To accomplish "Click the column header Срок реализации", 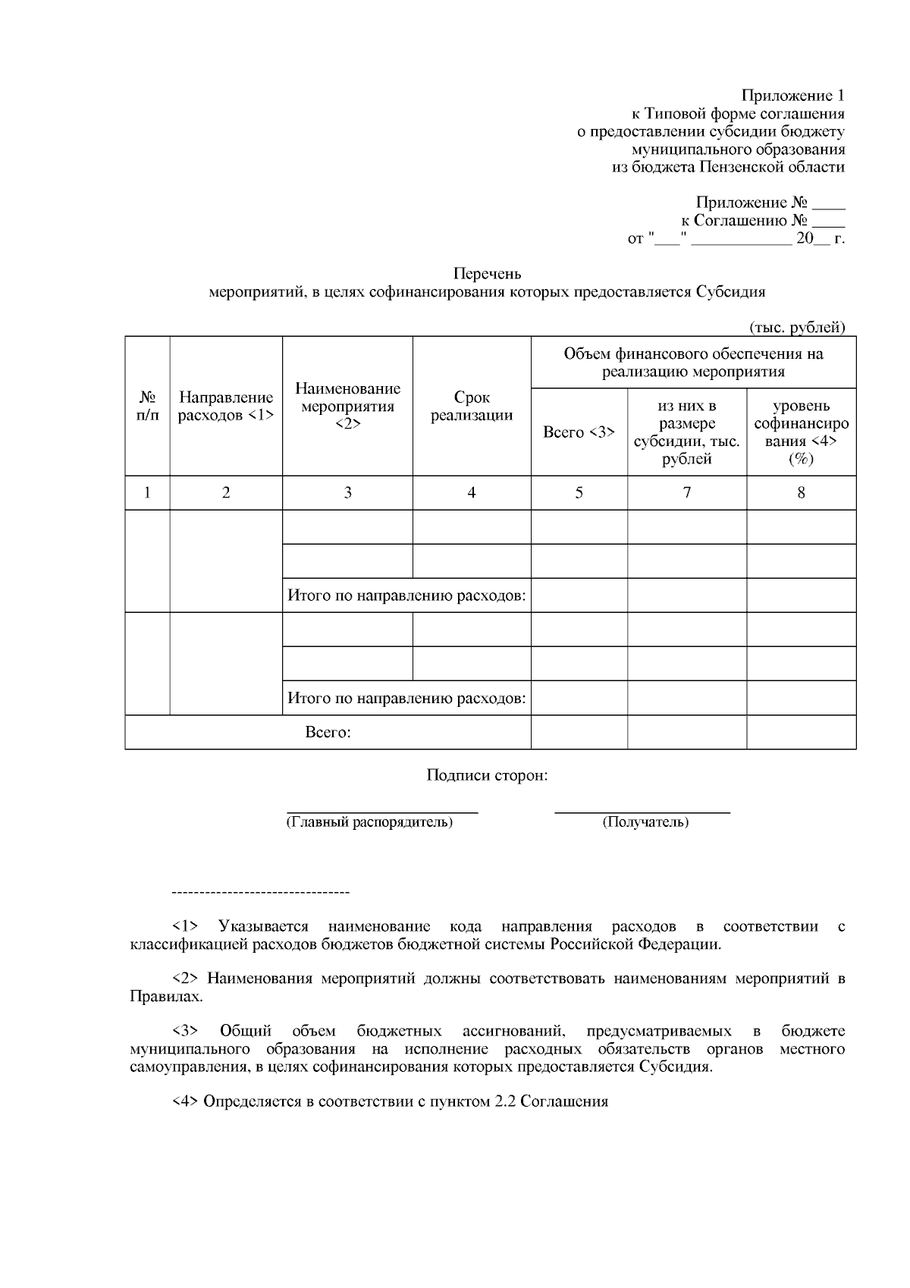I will (472, 406).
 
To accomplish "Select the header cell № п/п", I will (147, 407).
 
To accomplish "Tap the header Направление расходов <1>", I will (225, 407).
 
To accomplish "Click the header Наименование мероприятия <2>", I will (347, 406).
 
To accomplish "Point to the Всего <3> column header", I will (579, 432).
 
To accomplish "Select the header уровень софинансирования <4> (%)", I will (801, 432).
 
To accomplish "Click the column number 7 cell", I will (686, 493).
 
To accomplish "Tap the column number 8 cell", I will (801, 493).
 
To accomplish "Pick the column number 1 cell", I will (147, 493).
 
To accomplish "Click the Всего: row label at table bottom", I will (328, 733).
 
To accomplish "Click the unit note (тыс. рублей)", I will (796, 328).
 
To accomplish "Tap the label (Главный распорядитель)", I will (369, 822).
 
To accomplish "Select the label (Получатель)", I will (645, 822).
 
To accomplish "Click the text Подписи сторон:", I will (487, 776).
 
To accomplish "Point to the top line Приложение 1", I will (792, 96).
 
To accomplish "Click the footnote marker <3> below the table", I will (186, 1031).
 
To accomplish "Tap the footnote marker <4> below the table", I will (186, 1101).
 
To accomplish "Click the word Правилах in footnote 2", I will (165, 997).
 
